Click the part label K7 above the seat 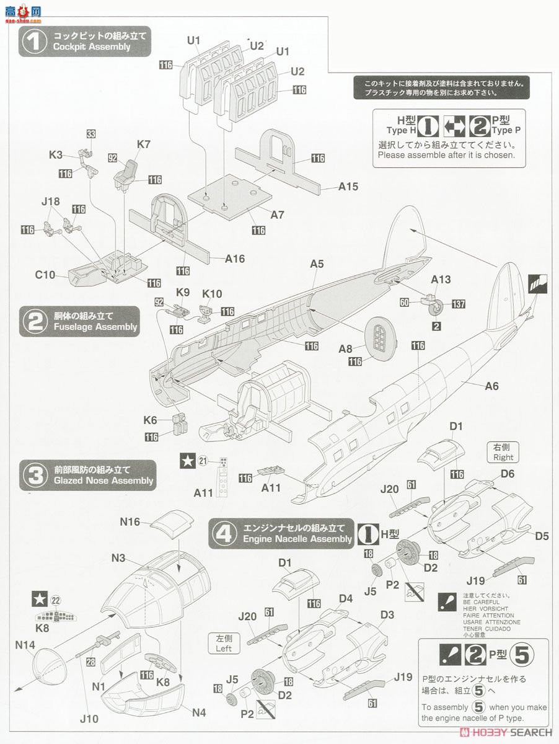pyautogui.click(x=144, y=144)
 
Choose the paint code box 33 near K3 pyautogui.click(x=91, y=134)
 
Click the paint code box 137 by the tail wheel pyautogui.click(x=458, y=304)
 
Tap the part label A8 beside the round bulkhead pyautogui.click(x=346, y=349)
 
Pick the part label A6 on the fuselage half pyautogui.click(x=491, y=386)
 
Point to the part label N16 pyautogui.click(x=130, y=522)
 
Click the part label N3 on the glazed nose pyautogui.click(x=119, y=558)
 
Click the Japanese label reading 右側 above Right pyautogui.click(x=503, y=447)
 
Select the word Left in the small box pyautogui.click(x=224, y=649)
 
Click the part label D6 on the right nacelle pyautogui.click(x=508, y=473)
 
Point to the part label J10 pyautogui.click(x=89, y=702)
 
